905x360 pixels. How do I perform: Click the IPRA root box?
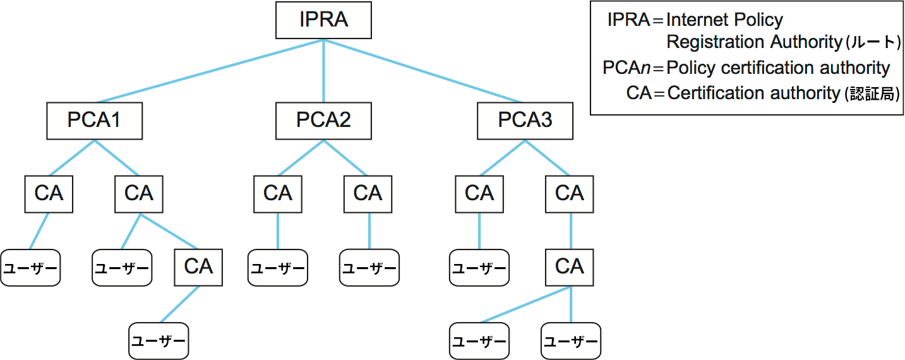pyautogui.click(x=323, y=20)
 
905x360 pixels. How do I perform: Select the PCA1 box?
pyautogui.click(x=94, y=121)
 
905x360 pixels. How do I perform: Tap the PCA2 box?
pyautogui.click(x=323, y=121)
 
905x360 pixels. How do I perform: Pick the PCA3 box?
pyautogui.click(x=525, y=121)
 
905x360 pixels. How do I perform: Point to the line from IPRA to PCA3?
pyautogui.click(x=423, y=71)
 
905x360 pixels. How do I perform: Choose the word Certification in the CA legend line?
pyautogui.click(x=709, y=93)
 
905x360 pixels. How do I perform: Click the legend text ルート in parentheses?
pyautogui.click(x=872, y=43)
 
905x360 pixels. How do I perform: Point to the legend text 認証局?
pyautogui.click(x=872, y=94)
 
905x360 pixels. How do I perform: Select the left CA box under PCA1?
pyautogui.click(x=49, y=194)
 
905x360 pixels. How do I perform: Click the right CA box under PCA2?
pyautogui.click(x=368, y=194)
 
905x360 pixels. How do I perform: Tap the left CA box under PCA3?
pyautogui.click(x=479, y=194)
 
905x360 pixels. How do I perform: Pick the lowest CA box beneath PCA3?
pyautogui.click(x=570, y=267)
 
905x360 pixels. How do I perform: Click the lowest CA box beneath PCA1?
pyautogui.click(x=198, y=267)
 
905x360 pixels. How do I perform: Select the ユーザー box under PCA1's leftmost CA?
pyautogui.click(x=30, y=268)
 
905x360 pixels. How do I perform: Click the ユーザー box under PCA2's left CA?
pyautogui.click(x=277, y=268)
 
